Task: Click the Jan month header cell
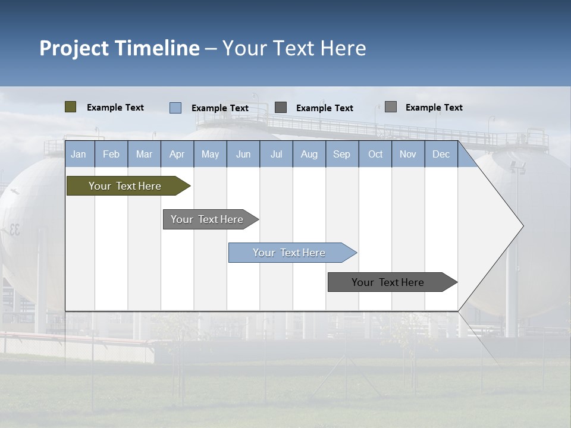[79, 154]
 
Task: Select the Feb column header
[111, 154]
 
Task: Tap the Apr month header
[177, 154]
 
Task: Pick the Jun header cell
[243, 154]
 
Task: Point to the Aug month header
[309, 154]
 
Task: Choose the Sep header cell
[342, 154]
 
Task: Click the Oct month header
[375, 154]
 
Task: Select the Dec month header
[441, 154]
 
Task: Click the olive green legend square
[71, 107]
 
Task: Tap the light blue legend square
[175, 108]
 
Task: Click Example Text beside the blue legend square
[220, 108]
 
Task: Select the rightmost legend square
[391, 106]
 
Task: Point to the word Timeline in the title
[157, 48]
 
